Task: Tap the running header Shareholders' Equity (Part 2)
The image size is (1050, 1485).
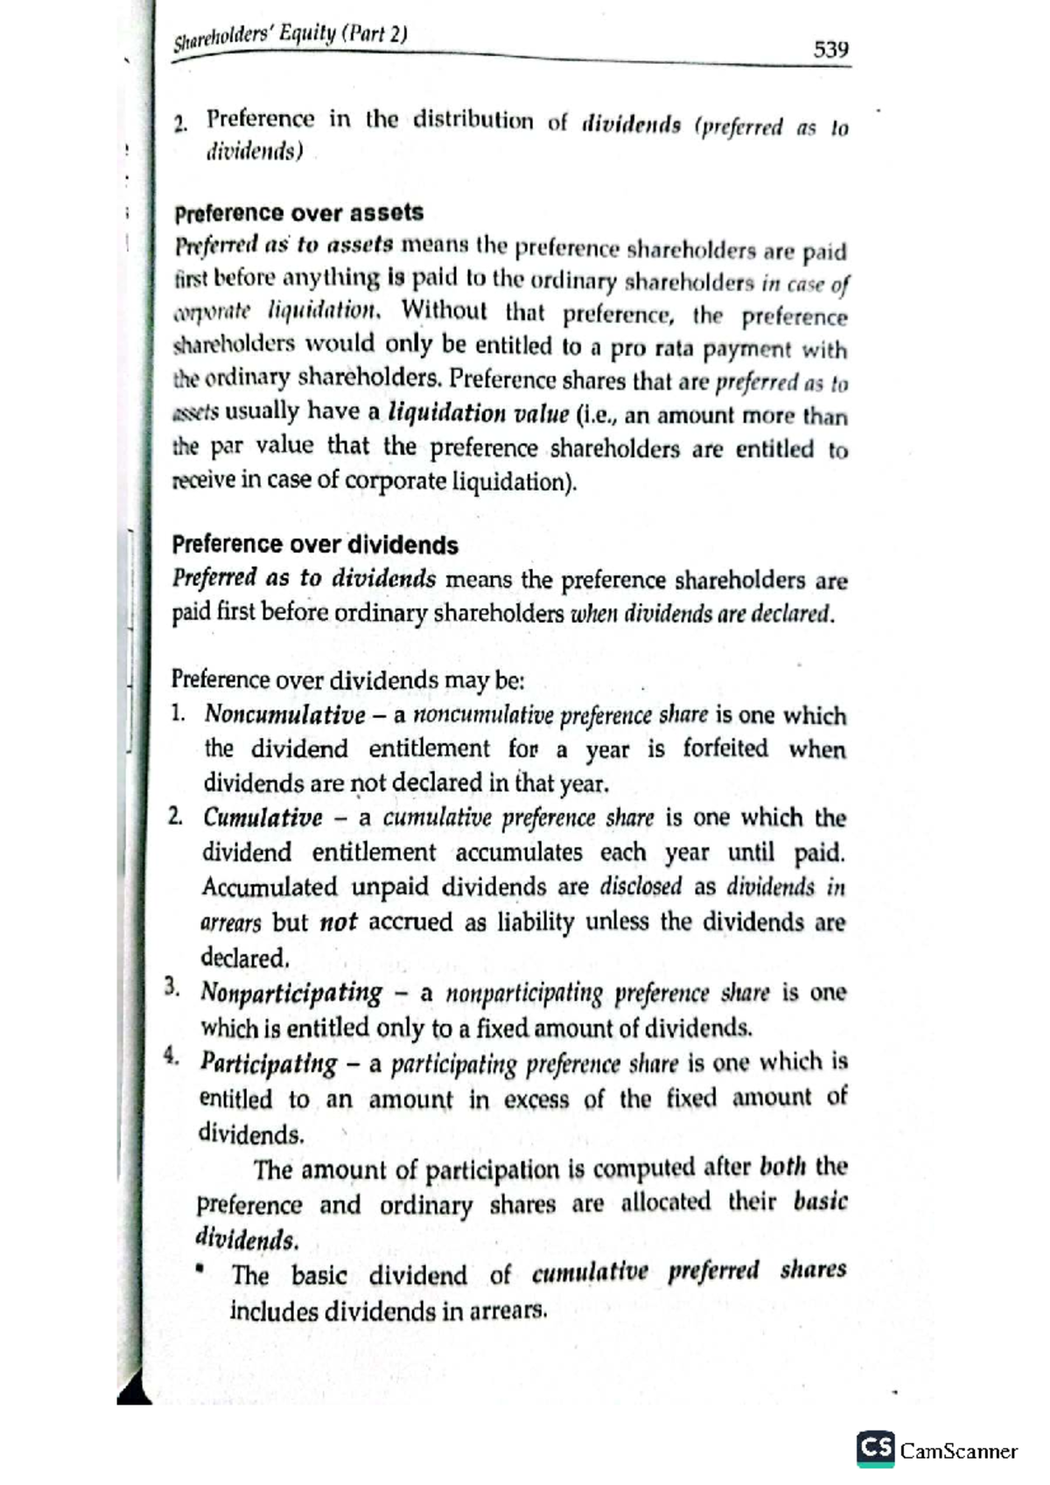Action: pos(290,37)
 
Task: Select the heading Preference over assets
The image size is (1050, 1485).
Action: pos(298,213)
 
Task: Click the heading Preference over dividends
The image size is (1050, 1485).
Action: pos(314,545)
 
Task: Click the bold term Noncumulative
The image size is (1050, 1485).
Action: pos(284,715)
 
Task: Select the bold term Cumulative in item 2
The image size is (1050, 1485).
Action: pos(262,819)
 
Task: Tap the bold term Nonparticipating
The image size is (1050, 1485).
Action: pos(291,993)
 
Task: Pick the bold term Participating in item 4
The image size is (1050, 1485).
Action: pos(269,1063)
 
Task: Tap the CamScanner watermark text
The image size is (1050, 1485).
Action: pos(959,1452)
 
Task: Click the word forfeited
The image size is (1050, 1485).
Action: pos(725,749)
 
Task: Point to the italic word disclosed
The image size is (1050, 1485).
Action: pos(640,887)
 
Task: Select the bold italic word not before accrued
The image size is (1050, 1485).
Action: pos(338,923)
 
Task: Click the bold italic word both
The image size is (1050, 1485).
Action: pos(782,1168)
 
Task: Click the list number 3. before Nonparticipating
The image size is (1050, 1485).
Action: pos(172,989)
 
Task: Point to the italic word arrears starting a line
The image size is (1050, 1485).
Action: pos(231,924)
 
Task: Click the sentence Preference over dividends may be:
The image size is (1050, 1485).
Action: pos(347,680)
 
